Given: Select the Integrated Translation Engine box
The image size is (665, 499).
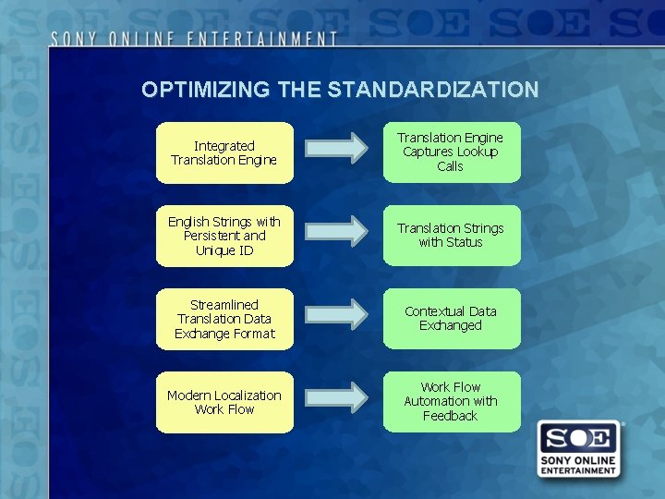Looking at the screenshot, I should coord(224,152).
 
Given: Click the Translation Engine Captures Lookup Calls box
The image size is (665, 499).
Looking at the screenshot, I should coord(452,152).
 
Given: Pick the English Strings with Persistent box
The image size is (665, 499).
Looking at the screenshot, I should coord(224,236).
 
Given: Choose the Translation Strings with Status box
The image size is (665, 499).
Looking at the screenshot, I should coord(452,236).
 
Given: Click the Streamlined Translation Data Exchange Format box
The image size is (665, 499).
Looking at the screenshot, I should coord(224,319).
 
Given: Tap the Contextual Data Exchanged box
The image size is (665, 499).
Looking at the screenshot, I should coord(452,319).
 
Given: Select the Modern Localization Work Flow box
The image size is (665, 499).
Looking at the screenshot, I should coord(224,402).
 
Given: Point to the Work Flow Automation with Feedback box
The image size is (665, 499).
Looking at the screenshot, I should coord(452,402).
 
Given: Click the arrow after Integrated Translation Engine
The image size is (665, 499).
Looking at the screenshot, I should coord(336,148).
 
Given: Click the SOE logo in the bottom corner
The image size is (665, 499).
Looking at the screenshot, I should coord(578,450).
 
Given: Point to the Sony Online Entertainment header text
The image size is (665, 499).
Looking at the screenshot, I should coord(194,39).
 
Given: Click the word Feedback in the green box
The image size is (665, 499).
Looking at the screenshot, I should coord(450,416).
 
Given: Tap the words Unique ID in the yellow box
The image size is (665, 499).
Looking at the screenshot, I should coord(224,250).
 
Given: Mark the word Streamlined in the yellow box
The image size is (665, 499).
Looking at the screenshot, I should coord(224,304).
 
